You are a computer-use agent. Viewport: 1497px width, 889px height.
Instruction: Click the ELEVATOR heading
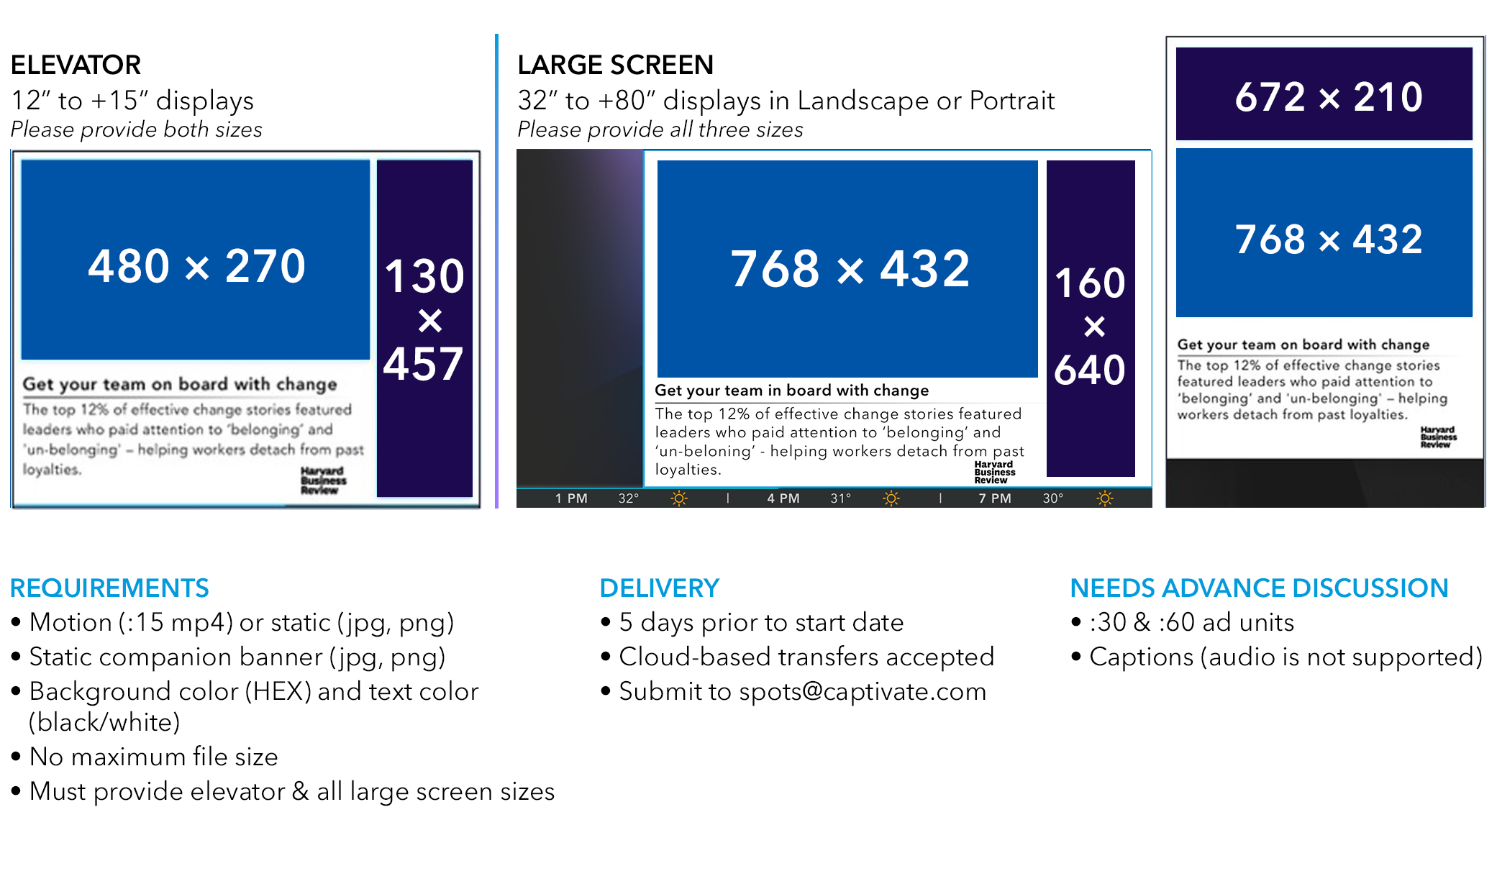[76, 65]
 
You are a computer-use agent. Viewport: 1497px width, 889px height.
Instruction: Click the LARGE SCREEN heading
[615, 65]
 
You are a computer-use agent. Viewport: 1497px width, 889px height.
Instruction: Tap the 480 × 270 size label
[196, 266]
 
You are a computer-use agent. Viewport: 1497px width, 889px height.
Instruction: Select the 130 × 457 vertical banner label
[424, 319]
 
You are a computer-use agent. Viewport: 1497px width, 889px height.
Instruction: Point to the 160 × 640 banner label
[1090, 326]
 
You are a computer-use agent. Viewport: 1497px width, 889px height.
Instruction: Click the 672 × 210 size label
[1329, 96]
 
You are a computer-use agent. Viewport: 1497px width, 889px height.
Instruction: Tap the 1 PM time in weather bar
[571, 498]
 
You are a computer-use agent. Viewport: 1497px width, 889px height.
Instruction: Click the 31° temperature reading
[840, 498]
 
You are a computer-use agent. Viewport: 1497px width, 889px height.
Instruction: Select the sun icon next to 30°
[1105, 498]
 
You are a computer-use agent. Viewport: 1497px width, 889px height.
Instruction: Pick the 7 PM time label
[994, 498]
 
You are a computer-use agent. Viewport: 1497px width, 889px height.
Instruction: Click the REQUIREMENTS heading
[109, 588]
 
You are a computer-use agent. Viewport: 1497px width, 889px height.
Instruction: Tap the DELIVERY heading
[659, 588]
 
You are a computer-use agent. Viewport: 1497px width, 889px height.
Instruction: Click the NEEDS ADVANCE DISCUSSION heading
[1259, 588]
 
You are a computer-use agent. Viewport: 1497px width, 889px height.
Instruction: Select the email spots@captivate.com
[863, 692]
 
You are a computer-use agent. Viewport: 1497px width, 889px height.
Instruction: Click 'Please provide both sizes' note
[136, 129]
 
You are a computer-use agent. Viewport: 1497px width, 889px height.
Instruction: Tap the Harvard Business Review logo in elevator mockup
[323, 480]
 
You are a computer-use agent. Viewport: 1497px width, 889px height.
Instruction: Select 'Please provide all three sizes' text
[660, 129]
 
